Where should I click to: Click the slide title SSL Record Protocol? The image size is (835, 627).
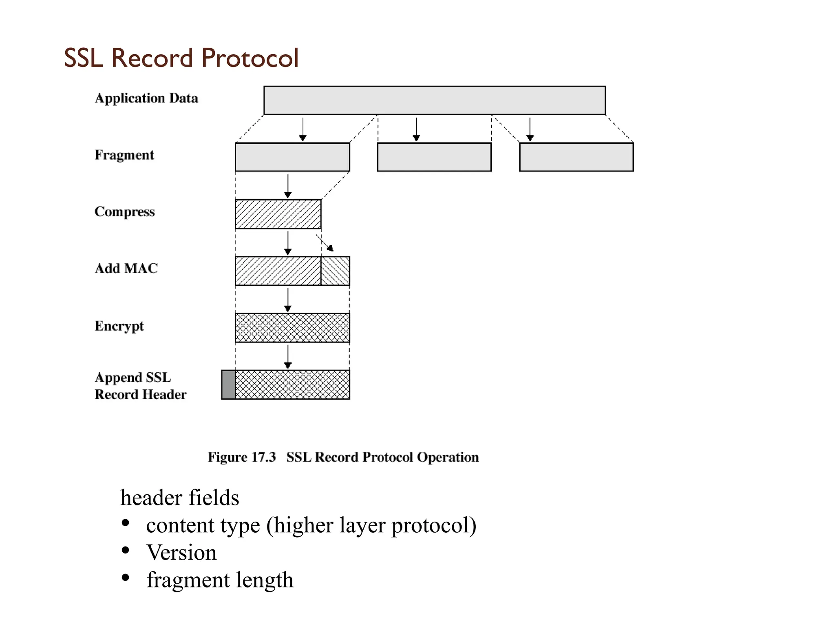pyautogui.click(x=181, y=58)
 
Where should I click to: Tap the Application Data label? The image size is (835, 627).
pyautogui.click(x=146, y=98)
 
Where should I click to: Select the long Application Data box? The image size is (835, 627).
pyautogui.click(x=434, y=100)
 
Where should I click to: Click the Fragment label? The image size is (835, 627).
pyautogui.click(x=124, y=155)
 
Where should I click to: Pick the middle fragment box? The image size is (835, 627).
pyautogui.click(x=434, y=157)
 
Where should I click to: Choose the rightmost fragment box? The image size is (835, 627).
pyautogui.click(x=576, y=157)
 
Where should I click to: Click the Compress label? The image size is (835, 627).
pyautogui.click(x=125, y=212)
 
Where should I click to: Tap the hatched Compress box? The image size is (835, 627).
pyautogui.click(x=278, y=214)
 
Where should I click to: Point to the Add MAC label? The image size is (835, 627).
pyautogui.click(x=126, y=269)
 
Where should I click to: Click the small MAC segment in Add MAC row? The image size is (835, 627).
pyautogui.click(x=335, y=271)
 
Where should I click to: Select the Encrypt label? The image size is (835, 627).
pyautogui.click(x=119, y=326)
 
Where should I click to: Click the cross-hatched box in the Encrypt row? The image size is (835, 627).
pyautogui.click(x=292, y=328)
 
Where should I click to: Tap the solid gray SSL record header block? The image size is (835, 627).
pyautogui.click(x=228, y=385)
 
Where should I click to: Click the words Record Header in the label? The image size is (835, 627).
pyautogui.click(x=140, y=395)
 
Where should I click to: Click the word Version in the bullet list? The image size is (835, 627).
pyautogui.click(x=181, y=553)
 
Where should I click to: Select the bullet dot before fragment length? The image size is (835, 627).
pyautogui.click(x=126, y=578)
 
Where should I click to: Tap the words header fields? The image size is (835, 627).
pyautogui.click(x=180, y=498)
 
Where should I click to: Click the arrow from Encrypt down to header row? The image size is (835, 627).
pyautogui.click(x=288, y=357)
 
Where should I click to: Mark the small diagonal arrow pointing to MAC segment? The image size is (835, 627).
pyautogui.click(x=325, y=243)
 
